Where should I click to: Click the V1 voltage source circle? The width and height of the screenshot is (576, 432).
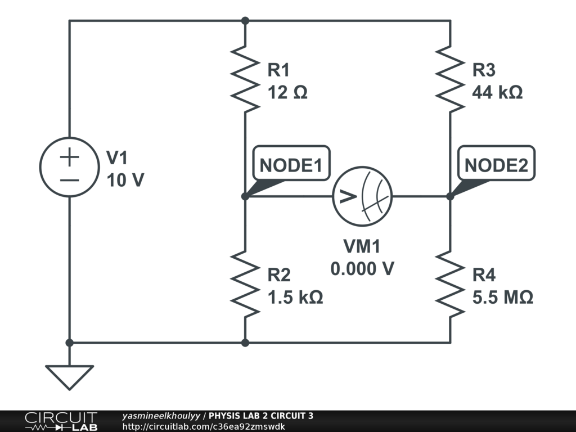point(69,167)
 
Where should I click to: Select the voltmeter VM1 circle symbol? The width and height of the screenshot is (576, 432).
point(362,196)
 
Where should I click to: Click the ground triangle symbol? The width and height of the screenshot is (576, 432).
point(69,376)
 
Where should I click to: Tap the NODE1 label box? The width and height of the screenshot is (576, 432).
point(291,165)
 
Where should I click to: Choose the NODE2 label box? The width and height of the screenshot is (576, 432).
point(496,165)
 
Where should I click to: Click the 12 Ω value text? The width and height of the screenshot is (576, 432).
point(287,92)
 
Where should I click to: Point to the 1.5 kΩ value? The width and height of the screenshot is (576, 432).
point(295,297)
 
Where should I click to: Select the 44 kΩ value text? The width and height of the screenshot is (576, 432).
point(497,92)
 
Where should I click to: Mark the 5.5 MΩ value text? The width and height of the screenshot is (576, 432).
point(502,297)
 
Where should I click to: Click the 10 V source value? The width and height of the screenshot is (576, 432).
point(125,180)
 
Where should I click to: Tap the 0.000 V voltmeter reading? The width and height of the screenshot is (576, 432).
point(362,269)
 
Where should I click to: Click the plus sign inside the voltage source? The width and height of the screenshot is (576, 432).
point(69,157)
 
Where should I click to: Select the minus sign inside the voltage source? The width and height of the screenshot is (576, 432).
point(69,179)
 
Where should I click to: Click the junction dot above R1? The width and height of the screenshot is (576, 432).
point(245,21)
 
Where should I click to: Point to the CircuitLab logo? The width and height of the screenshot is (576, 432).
point(61,421)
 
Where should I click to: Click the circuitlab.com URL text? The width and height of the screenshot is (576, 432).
point(204,426)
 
